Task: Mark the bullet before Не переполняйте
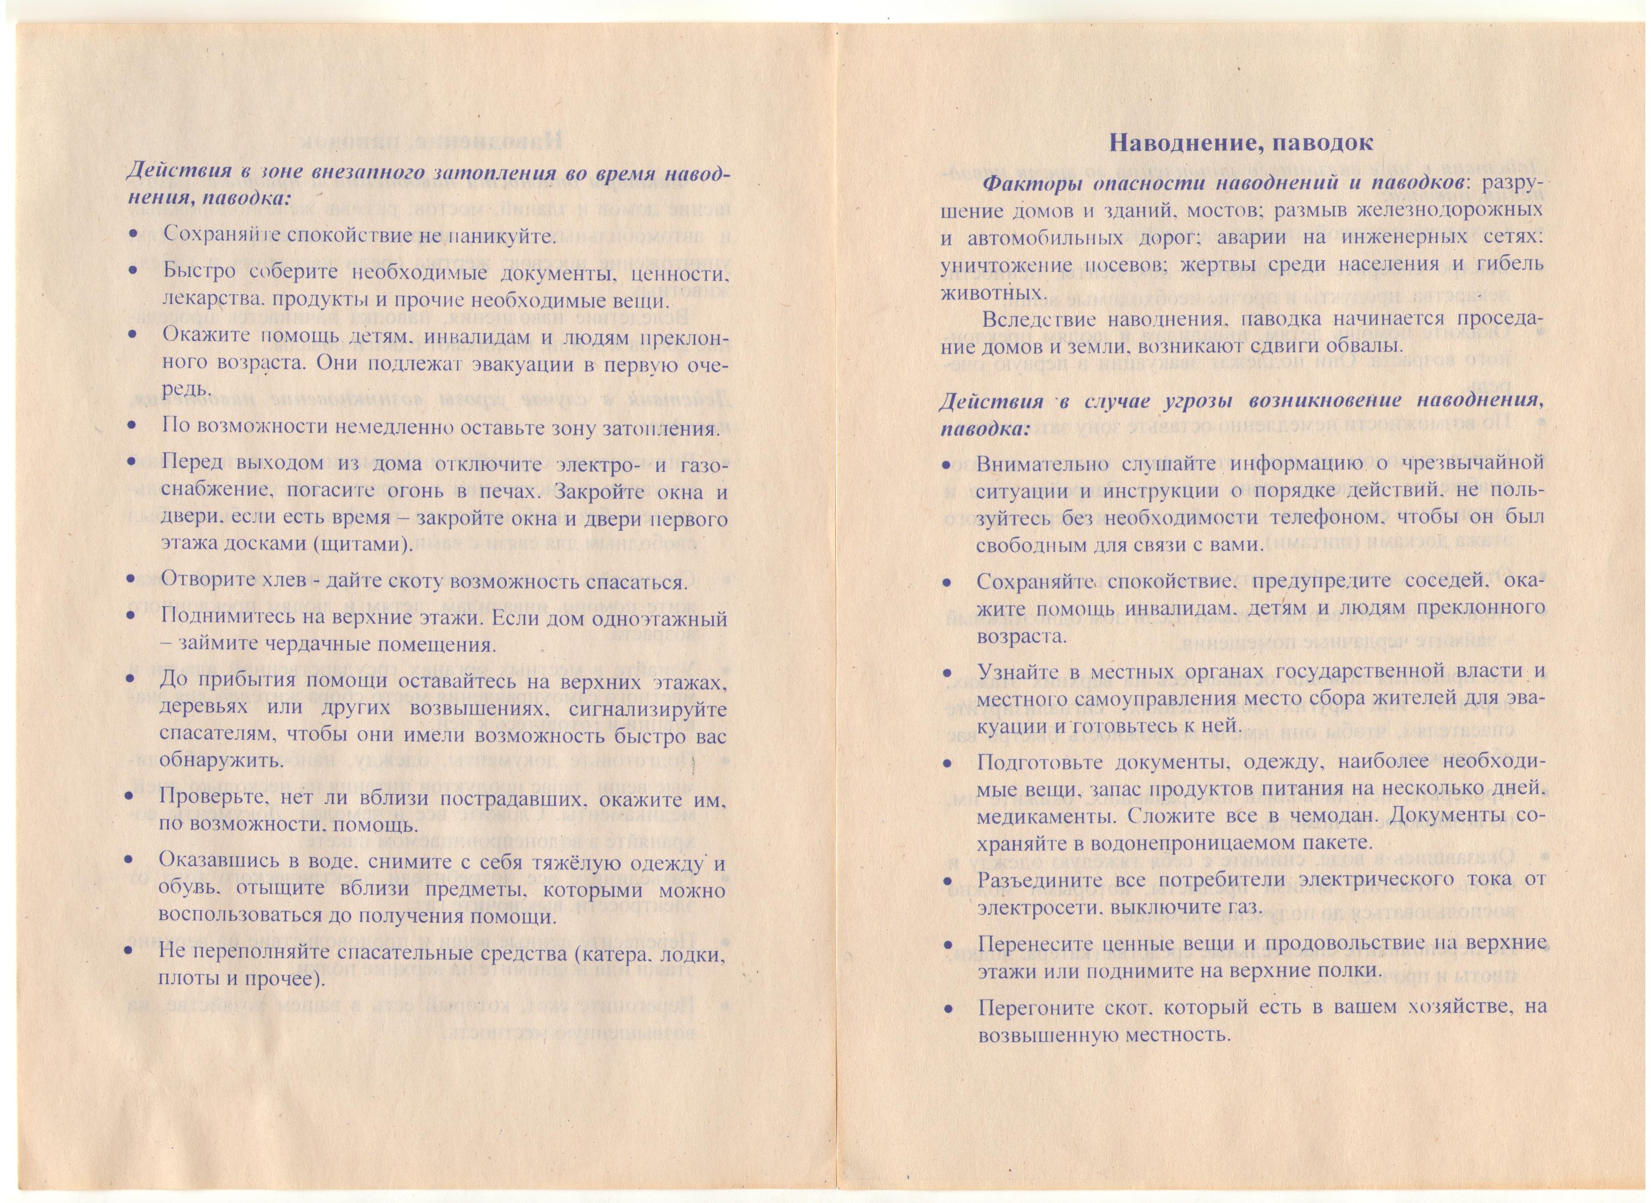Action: (x=131, y=952)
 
